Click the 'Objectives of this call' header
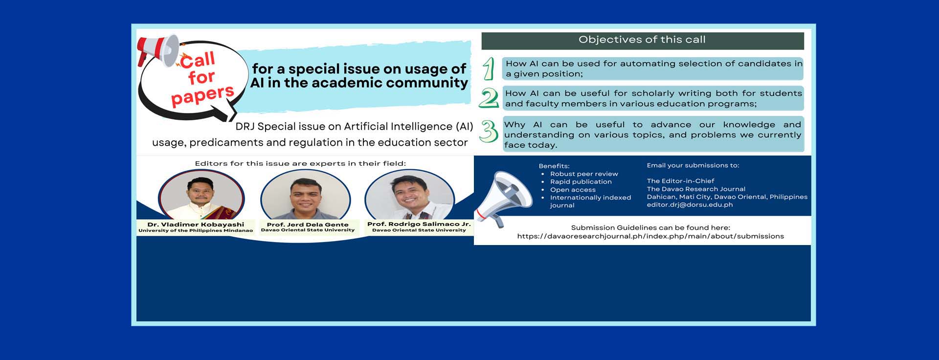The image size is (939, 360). tap(642, 40)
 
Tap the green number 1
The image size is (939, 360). tap(488, 68)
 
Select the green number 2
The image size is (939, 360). tap(489, 97)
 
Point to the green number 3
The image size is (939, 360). tap(488, 131)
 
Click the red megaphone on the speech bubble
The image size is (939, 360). tap(158, 50)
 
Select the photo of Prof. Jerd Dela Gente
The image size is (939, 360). tap(306, 196)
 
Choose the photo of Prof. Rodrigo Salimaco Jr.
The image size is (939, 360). tap(410, 196)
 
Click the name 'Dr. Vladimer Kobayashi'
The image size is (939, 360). tap(196, 225)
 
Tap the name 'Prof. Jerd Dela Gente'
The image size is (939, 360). tap(308, 225)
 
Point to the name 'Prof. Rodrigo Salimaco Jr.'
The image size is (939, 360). tap(419, 224)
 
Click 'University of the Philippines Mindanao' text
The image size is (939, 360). tap(196, 230)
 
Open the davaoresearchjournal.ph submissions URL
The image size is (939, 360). tap(650, 236)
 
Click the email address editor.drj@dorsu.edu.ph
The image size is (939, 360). tap(690, 205)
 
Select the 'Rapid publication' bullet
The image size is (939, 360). tap(581, 182)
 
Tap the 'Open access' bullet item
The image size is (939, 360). tap(573, 190)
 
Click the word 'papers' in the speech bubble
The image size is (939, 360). tap(203, 94)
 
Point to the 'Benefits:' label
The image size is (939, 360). tap(554, 166)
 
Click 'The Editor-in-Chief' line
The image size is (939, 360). tap(680, 181)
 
